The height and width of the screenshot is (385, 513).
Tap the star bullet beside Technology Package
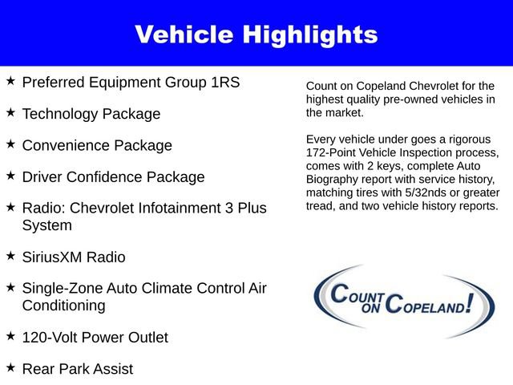point(10,112)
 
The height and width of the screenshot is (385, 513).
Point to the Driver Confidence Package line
point(113,177)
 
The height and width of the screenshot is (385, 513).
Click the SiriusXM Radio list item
point(73,257)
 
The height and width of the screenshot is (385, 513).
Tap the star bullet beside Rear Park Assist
point(10,367)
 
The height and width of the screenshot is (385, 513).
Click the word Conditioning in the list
point(63,306)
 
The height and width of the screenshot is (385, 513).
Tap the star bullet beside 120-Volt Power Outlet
point(10,336)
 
